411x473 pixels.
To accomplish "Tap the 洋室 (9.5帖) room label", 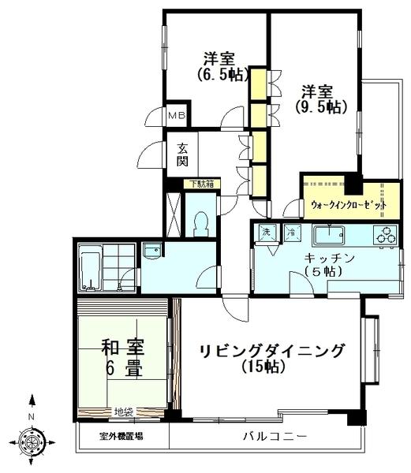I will [x=321, y=97].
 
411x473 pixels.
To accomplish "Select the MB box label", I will [x=176, y=116].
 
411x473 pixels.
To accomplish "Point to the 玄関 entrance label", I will [x=182, y=155].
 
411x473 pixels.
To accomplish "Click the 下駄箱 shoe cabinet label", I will [x=201, y=184].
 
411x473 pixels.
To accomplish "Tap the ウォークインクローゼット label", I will [x=349, y=205].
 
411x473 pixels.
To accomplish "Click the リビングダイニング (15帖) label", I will [x=271, y=357].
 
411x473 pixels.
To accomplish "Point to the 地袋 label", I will [x=123, y=411].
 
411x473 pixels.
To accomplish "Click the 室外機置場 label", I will [x=121, y=436].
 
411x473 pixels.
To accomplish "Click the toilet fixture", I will [x=200, y=221].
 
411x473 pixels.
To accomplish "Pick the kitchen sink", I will [x=327, y=235].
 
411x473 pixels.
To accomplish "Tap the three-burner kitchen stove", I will [x=386, y=235].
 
